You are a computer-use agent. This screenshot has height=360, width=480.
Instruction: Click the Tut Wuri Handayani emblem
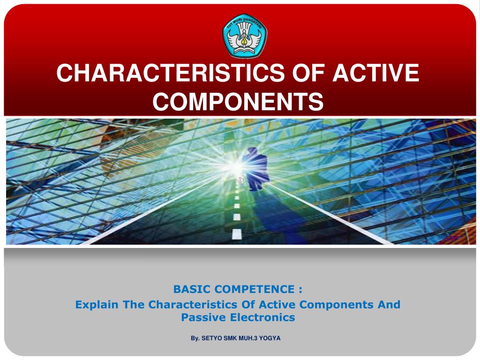click(245, 36)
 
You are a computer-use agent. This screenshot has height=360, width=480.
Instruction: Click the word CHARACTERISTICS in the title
click(171, 73)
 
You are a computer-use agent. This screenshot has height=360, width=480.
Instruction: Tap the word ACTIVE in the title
click(376, 73)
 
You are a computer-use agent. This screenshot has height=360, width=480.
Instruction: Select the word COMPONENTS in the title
click(238, 101)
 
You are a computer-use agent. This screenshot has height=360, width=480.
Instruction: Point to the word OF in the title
click(308, 73)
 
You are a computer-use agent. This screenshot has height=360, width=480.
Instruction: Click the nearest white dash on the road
click(237, 234)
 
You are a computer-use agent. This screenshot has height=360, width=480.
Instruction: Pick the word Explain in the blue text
click(97, 305)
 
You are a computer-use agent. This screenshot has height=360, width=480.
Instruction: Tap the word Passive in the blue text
click(203, 317)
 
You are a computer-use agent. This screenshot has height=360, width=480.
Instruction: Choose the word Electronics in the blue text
click(262, 317)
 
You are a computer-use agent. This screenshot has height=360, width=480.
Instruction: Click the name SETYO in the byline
click(212, 338)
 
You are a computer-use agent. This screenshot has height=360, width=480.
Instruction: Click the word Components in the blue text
click(336, 305)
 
